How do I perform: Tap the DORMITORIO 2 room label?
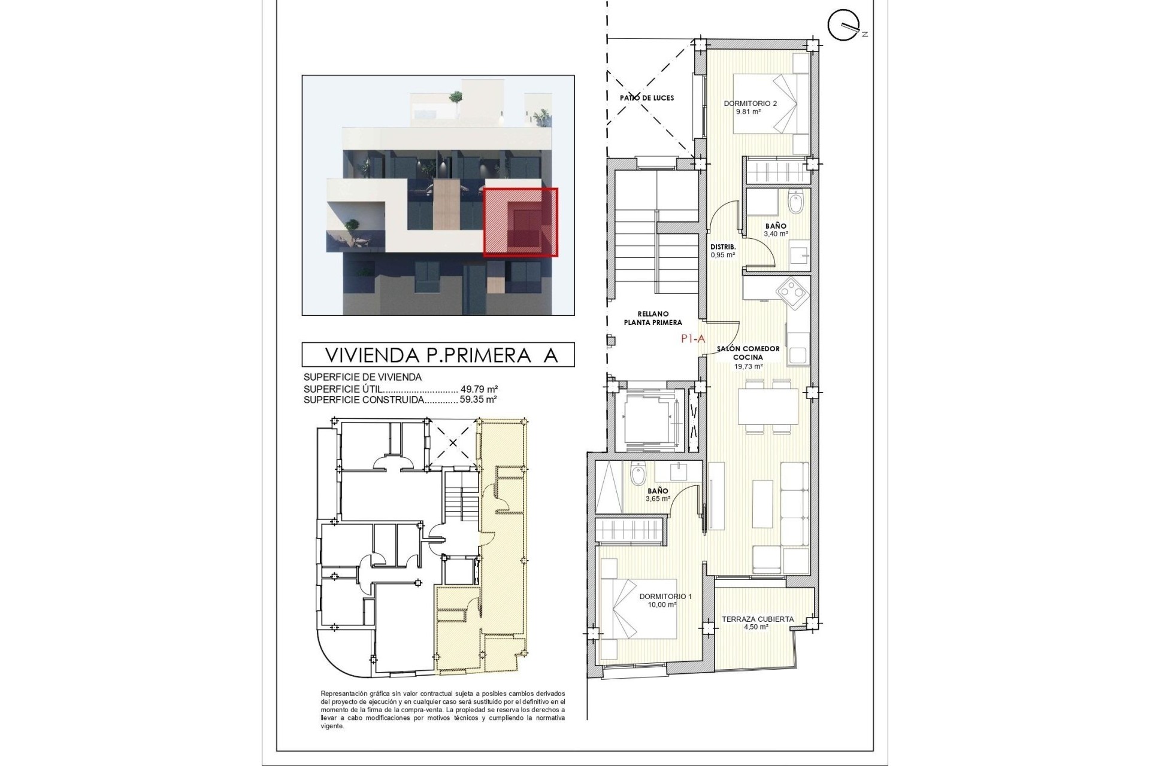click(x=750, y=104)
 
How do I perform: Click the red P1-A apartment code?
click(x=692, y=338)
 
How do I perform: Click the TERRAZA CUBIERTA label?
click(x=757, y=619)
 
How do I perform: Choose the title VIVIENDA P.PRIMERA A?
click(x=441, y=355)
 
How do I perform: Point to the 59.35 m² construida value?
click(x=478, y=399)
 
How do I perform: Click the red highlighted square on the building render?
click(x=520, y=222)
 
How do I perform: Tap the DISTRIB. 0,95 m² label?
click(x=722, y=250)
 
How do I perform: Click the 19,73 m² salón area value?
click(x=748, y=367)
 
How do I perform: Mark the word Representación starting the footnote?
click(x=341, y=693)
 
